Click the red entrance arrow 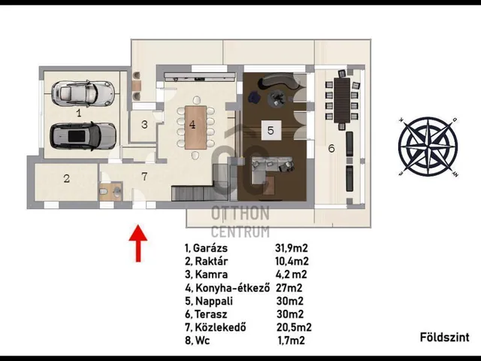pyautogui.click(x=138, y=243)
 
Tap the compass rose pyautogui.click(x=428, y=147)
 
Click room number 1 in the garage pyautogui.click(x=79, y=114)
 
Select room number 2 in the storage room pyautogui.click(x=67, y=178)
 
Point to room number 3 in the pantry pyautogui.click(x=144, y=125)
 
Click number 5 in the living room pyautogui.click(x=271, y=130)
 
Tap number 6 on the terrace pyautogui.click(x=331, y=149)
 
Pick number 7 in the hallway pyautogui.click(x=144, y=176)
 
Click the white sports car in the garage pyautogui.click(x=83, y=93)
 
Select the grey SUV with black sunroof pyautogui.click(x=83, y=136)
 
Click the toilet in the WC pyautogui.click(x=104, y=192)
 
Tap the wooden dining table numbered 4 pyautogui.click(x=195, y=127)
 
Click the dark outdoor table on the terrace pyautogui.click(x=342, y=101)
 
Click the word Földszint pyautogui.click(x=444, y=338)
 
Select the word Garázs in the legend pyautogui.click(x=210, y=248)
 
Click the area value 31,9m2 pyautogui.click(x=292, y=248)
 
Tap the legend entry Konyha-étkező pyautogui.click(x=232, y=288)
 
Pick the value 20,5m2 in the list pyautogui.click(x=294, y=327)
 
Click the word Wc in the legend pyautogui.click(x=202, y=341)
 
